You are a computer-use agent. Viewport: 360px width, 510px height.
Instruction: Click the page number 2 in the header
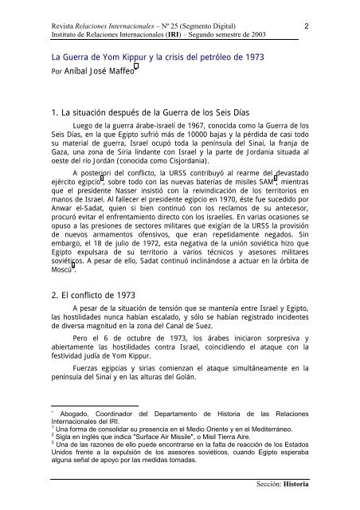[x=307, y=26]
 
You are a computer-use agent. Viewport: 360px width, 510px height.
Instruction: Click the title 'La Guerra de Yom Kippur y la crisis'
[x=144, y=59]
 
